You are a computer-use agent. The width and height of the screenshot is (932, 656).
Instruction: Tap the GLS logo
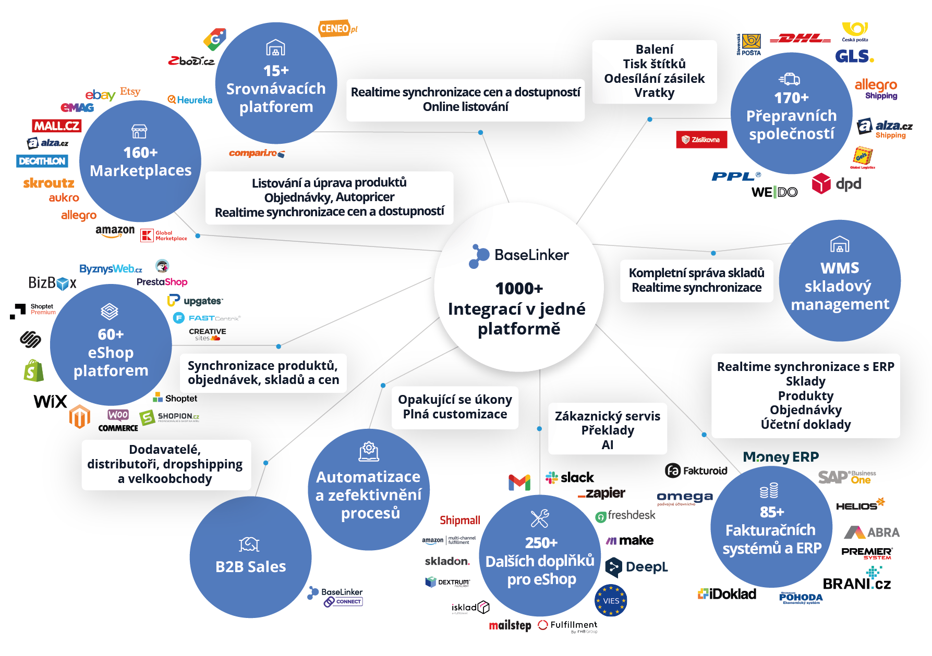click(x=854, y=56)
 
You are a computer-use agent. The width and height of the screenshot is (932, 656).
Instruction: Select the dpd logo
click(x=837, y=184)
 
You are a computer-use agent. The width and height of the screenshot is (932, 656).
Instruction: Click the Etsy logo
click(x=130, y=92)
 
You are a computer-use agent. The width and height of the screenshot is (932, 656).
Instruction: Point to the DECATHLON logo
click(x=42, y=161)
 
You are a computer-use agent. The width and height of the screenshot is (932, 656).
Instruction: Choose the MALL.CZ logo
click(x=57, y=126)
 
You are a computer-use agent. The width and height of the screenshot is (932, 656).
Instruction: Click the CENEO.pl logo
click(x=337, y=29)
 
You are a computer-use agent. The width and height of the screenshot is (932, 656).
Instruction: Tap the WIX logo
click(x=50, y=401)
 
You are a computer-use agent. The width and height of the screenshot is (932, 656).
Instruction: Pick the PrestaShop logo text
click(x=162, y=282)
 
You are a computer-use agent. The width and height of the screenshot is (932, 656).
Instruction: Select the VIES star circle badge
click(x=611, y=601)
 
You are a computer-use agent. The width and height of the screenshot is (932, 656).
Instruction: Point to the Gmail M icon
click(x=519, y=482)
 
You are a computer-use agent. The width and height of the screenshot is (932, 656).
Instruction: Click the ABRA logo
click(x=872, y=532)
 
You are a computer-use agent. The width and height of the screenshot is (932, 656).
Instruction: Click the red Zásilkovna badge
click(x=701, y=140)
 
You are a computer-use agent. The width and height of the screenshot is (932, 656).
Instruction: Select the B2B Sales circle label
click(x=251, y=566)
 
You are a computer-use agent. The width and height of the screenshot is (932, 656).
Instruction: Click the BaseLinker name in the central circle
click(x=531, y=255)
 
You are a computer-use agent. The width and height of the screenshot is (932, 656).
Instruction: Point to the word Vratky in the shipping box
click(x=654, y=93)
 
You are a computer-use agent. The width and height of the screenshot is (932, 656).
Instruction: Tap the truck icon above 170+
click(x=790, y=79)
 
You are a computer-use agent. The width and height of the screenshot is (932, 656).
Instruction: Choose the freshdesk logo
click(x=625, y=515)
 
